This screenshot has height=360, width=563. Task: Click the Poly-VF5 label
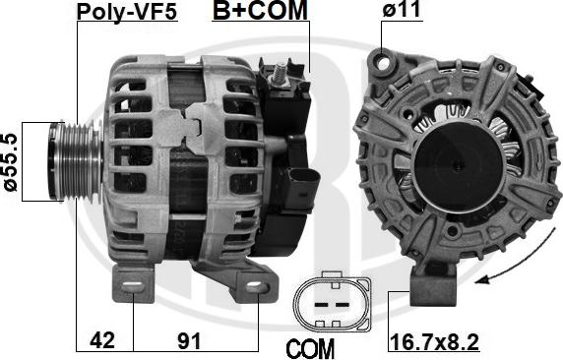click(127, 11)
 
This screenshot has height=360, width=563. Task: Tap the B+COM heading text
click(260, 10)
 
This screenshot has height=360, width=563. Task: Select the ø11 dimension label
click(402, 9)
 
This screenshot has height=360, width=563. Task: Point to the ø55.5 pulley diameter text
click(11, 162)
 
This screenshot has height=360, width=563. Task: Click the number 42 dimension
click(102, 339)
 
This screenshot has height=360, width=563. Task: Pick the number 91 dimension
click(189, 340)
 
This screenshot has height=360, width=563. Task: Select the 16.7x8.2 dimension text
click(434, 341)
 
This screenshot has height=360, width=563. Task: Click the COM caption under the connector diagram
click(310, 348)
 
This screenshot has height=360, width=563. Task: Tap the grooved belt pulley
click(76, 161)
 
